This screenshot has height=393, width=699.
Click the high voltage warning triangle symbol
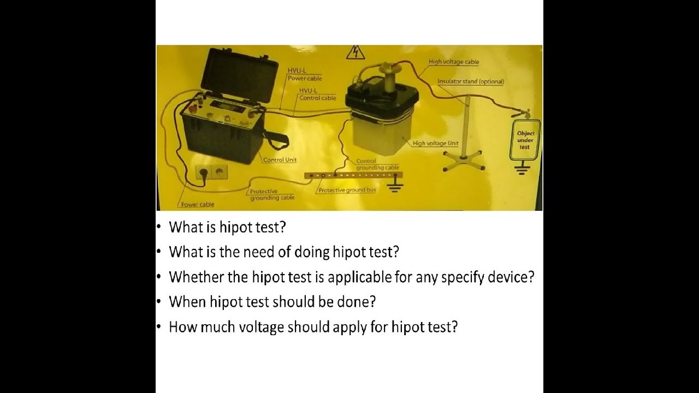pos(356,52)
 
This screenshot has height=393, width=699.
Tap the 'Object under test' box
pos(525,140)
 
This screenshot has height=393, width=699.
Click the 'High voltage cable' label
pos(454,62)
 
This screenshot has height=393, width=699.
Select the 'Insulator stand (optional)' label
pos(471,82)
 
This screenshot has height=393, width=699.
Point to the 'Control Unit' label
pos(280,160)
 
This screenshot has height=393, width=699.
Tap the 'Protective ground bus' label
pos(347,190)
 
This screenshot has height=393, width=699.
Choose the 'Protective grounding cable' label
pos(272,194)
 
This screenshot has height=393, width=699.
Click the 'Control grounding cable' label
pos(377,164)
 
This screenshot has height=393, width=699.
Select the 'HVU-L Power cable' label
pos(305,75)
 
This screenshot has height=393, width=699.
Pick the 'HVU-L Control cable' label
pos(317,94)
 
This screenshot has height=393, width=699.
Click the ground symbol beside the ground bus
pos(395,187)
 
